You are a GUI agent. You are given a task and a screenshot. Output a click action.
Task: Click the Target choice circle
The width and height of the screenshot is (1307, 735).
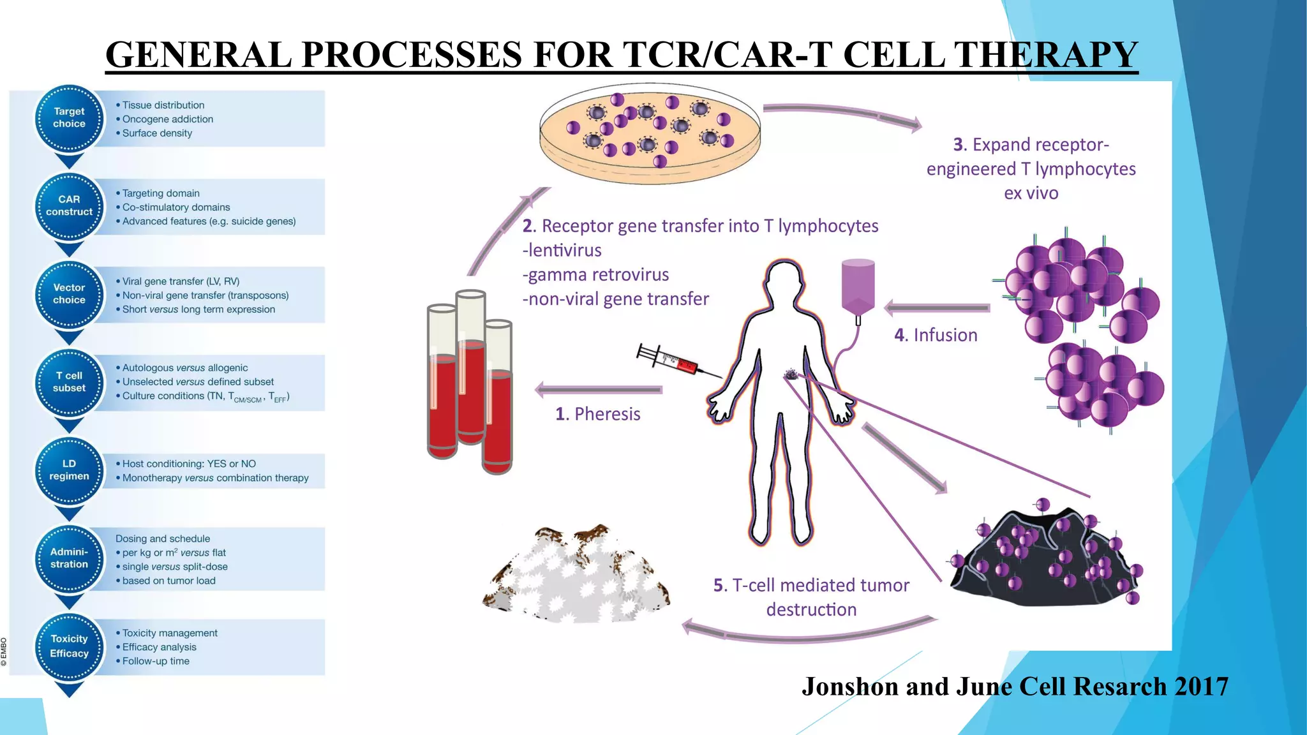(69, 118)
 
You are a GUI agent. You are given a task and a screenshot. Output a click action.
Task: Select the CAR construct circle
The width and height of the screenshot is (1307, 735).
(69, 206)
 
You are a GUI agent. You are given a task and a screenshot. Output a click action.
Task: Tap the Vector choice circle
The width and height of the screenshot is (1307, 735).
(69, 294)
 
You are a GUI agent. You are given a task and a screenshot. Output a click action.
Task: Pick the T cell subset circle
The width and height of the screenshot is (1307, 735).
(69, 382)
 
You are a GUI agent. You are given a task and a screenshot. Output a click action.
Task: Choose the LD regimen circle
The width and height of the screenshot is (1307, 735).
(69, 470)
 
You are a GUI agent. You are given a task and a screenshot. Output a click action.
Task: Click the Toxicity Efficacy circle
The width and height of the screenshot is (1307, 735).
(69, 646)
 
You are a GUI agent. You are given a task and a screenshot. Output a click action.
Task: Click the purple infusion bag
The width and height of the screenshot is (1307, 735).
(858, 287)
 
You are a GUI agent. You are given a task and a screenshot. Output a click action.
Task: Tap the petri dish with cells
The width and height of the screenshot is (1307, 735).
(650, 133)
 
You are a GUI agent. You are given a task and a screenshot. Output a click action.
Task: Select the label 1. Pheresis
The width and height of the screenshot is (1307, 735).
(597, 414)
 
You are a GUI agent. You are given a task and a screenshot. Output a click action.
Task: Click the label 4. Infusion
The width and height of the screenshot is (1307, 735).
(936, 335)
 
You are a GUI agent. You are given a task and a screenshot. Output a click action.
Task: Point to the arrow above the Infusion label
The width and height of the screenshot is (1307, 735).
(937, 308)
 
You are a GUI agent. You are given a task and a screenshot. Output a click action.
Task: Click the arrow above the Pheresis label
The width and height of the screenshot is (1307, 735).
(598, 389)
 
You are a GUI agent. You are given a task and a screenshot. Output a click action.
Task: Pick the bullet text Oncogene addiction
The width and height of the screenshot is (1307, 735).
(167, 119)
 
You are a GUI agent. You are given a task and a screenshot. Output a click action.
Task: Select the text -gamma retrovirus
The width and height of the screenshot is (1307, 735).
(595, 275)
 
